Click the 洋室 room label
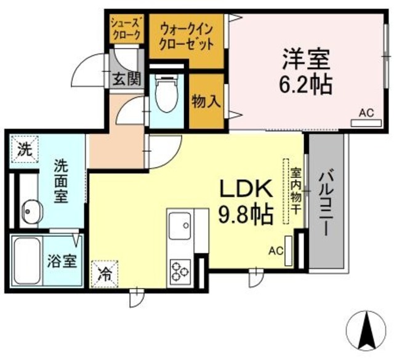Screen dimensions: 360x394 point(307,60)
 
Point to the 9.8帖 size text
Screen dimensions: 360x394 point(246,214)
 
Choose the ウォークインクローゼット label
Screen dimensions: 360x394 point(187,35)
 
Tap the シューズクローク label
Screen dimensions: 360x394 point(126,28)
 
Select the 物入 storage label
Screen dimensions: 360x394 point(206,101)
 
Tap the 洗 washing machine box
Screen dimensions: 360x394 point(24,148)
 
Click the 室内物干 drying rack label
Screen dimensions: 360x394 point(296,191)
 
